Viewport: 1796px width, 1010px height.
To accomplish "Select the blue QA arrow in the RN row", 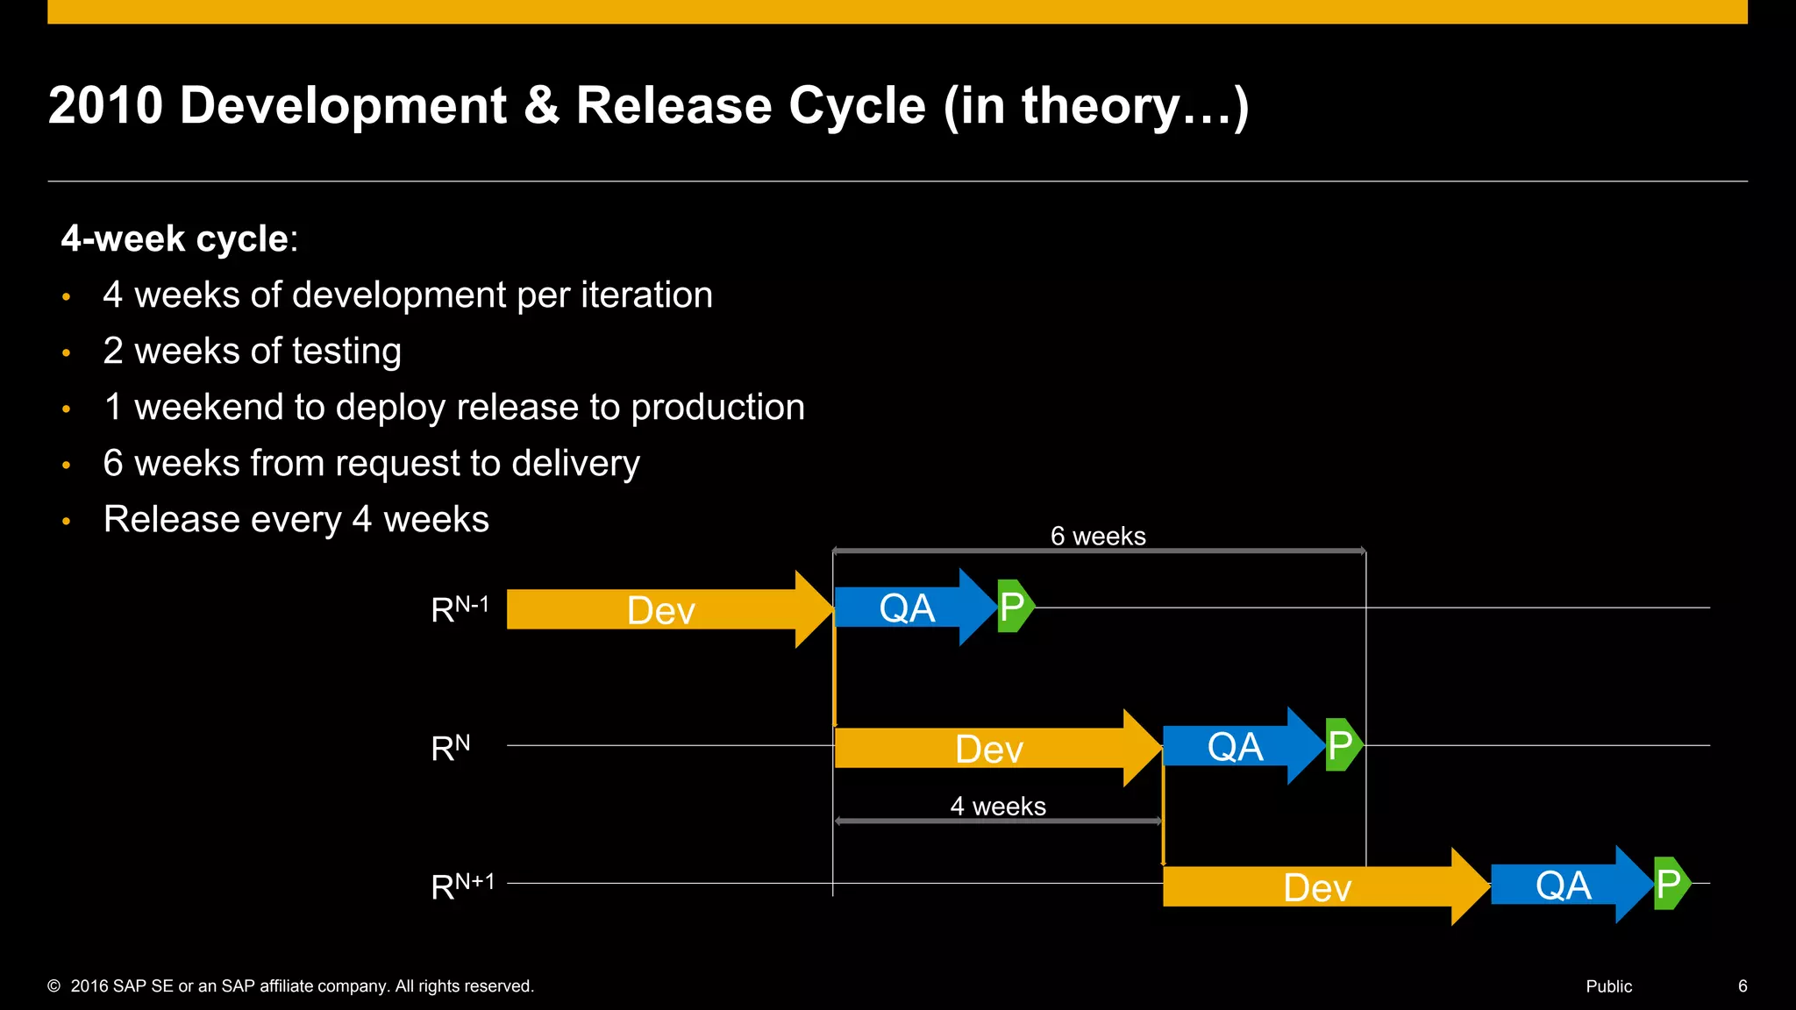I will tap(1237, 746).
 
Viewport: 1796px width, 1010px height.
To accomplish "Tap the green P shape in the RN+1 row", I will tap(1670, 884).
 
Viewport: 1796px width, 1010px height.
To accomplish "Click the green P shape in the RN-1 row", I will tap(1014, 606).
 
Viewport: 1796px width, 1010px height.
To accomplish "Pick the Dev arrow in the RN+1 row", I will tap(1317, 886).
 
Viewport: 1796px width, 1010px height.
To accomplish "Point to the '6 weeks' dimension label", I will tap(1098, 536).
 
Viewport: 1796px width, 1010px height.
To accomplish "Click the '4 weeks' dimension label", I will tap(998, 806).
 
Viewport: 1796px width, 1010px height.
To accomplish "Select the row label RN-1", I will tap(460, 608).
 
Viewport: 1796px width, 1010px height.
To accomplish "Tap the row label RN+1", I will tap(462, 886).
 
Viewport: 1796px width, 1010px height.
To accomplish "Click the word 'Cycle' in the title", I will tap(857, 106).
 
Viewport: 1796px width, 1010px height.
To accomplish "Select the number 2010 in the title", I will tap(105, 106).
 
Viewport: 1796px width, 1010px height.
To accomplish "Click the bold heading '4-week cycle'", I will tap(175, 238).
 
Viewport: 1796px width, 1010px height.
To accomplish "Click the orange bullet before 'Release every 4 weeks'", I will tap(67, 521).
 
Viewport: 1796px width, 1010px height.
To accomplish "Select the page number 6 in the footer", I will tap(1743, 986).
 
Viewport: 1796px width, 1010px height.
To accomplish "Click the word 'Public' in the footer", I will tap(1608, 986).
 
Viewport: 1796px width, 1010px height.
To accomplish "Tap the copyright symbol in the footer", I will tap(54, 986).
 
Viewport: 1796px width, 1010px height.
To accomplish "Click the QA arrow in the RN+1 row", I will tap(1564, 885).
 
